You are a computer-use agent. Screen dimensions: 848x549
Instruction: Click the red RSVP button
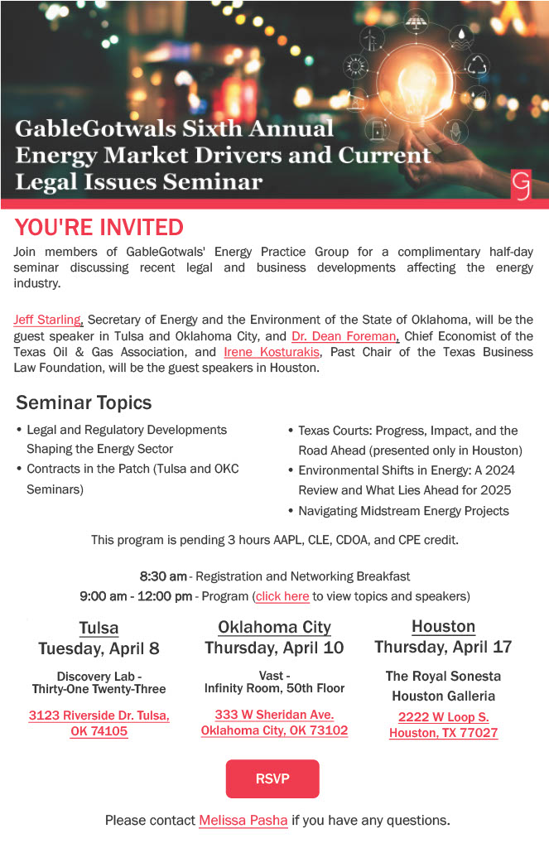point(272,778)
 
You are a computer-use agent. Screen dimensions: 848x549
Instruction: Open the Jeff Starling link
point(48,320)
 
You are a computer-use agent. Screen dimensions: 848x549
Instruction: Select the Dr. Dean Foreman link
point(345,335)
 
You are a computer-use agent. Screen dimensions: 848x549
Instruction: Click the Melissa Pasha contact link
point(243,821)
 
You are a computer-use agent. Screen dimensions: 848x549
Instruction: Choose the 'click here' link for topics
point(282,596)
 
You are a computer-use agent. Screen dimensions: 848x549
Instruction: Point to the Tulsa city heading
point(99,628)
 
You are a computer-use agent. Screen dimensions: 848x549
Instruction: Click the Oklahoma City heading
point(274,627)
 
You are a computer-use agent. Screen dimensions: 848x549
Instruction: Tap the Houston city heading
point(443,626)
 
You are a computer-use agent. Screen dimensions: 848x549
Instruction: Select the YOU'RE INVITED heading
point(99,227)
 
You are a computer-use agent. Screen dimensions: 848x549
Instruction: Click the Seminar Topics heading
point(84,403)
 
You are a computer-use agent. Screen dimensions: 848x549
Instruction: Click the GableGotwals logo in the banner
point(521,185)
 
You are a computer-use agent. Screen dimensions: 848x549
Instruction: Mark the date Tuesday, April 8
point(99,648)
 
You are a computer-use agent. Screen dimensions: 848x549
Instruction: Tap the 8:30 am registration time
point(163,576)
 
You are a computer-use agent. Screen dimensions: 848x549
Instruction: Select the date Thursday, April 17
point(443,647)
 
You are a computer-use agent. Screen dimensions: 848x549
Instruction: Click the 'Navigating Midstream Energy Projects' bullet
point(403,511)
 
